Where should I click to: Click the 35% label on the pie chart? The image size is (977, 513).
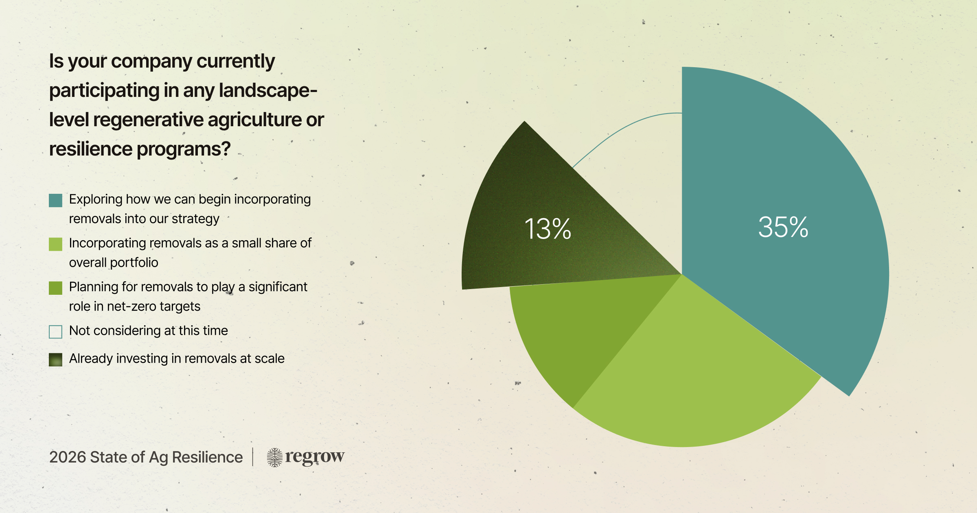(x=783, y=227)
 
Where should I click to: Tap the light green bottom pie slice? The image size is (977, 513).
(x=692, y=387)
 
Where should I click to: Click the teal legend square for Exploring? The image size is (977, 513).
(x=55, y=200)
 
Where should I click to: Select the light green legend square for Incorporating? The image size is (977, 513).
(x=55, y=244)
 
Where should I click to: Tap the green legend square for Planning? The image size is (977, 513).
(x=55, y=288)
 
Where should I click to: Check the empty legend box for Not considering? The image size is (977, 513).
(x=55, y=332)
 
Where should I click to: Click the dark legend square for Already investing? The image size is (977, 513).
(x=55, y=360)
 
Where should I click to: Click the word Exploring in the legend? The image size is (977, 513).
(x=96, y=199)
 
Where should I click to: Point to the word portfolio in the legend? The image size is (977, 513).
(x=134, y=263)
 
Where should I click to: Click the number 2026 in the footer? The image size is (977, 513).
(x=67, y=457)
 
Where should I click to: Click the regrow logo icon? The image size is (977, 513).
(x=274, y=457)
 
